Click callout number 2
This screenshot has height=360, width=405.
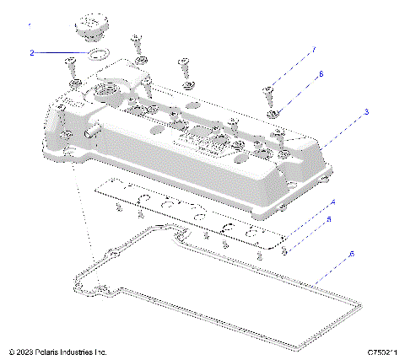tap(32, 52)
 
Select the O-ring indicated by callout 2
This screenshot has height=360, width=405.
tap(98, 56)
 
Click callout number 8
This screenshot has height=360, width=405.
tap(321, 74)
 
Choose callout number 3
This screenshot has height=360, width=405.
tap(366, 111)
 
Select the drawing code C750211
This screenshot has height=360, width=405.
tap(381, 351)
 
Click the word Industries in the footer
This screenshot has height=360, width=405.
tap(82, 351)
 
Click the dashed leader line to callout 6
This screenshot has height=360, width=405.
tap(333, 266)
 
